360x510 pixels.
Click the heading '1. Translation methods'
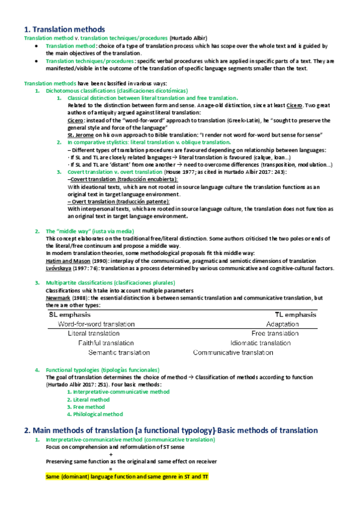pos(64,29)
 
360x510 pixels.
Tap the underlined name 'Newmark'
pos(58,298)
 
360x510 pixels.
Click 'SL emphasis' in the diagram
pos(70,314)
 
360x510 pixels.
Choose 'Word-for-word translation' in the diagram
pos(96,324)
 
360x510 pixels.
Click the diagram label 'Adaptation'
pos(282,324)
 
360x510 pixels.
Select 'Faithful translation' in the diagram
pos(106,343)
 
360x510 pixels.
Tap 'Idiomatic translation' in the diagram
pos(260,343)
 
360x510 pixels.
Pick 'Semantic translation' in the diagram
pos(119,352)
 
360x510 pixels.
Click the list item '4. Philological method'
pos(95,414)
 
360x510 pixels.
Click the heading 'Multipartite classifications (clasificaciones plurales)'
pos(108,283)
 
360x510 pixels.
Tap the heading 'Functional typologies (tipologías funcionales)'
pos(103,369)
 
